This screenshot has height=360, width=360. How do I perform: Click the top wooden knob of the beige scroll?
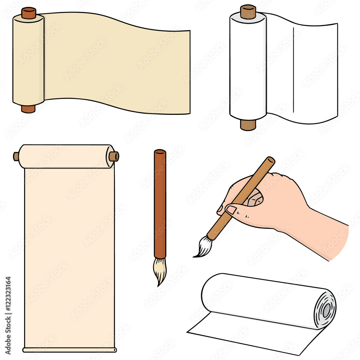point(28,13)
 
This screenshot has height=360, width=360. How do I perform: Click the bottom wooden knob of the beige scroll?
point(28,109)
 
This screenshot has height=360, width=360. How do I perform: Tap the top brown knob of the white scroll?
point(248,12)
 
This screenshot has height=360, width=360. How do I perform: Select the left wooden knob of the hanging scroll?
point(16,156)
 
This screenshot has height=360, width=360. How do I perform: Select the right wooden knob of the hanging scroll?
point(114,156)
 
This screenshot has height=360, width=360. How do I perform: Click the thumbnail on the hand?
point(230,210)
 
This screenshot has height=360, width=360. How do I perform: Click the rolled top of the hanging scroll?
point(65,156)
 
